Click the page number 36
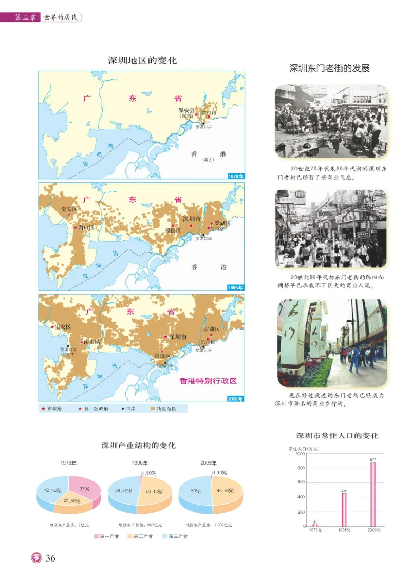pos(50,558)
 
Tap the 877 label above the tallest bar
pos(373,459)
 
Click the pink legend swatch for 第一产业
pos(97,536)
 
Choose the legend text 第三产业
pos(178,536)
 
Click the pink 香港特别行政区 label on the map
pos(208,381)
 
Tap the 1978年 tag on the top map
pos(236,176)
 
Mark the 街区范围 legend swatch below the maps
pos(153,409)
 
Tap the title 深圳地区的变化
pos(142,61)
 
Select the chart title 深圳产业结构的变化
pos(139,445)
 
